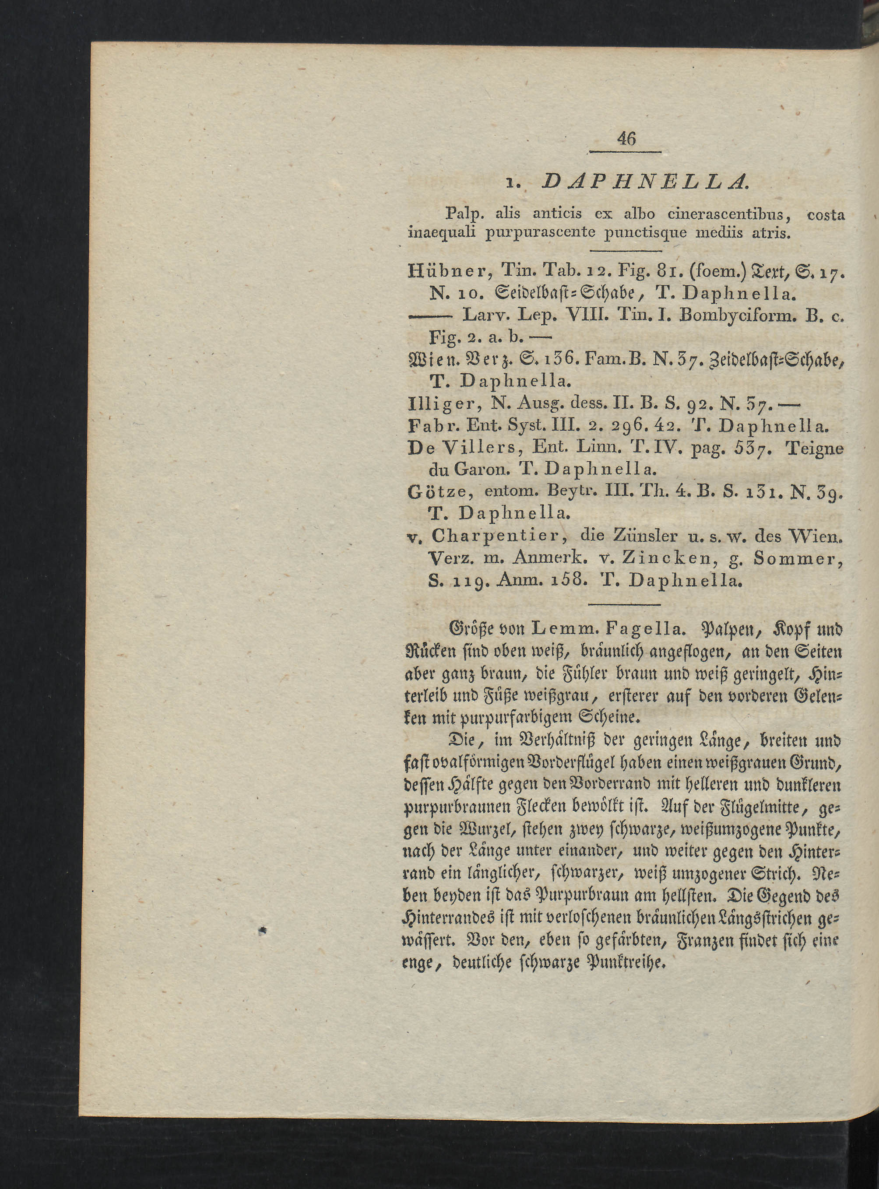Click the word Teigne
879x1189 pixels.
point(815,448)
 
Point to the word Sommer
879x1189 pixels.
point(798,558)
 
